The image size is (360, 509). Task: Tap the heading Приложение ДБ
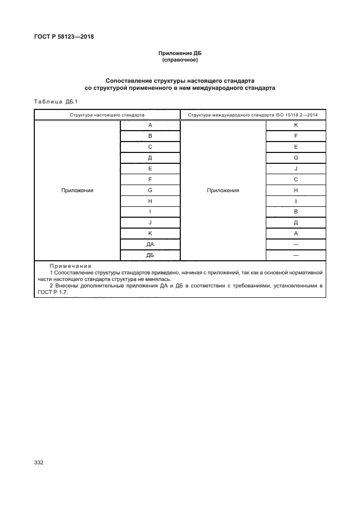(180, 53)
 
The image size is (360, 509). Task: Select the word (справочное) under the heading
(180, 60)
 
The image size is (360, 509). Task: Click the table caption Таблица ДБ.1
(57, 101)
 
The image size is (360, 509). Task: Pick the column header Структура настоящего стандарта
(107, 115)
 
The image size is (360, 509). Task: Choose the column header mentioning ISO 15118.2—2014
(253, 115)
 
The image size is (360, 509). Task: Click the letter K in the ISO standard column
(296, 125)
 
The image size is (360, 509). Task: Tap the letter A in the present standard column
(150, 125)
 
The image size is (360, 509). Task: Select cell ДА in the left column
(150, 244)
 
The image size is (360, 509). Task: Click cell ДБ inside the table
(150, 255)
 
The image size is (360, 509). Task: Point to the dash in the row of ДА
(296, 244)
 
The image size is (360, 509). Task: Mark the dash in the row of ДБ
(296, 255)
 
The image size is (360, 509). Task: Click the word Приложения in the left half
(77, 191)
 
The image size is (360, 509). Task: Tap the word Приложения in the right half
(223, 191)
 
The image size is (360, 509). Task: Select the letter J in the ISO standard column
(296, 169)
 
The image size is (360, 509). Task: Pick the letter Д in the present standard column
(150, 158)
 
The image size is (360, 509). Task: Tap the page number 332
(39, 462)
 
